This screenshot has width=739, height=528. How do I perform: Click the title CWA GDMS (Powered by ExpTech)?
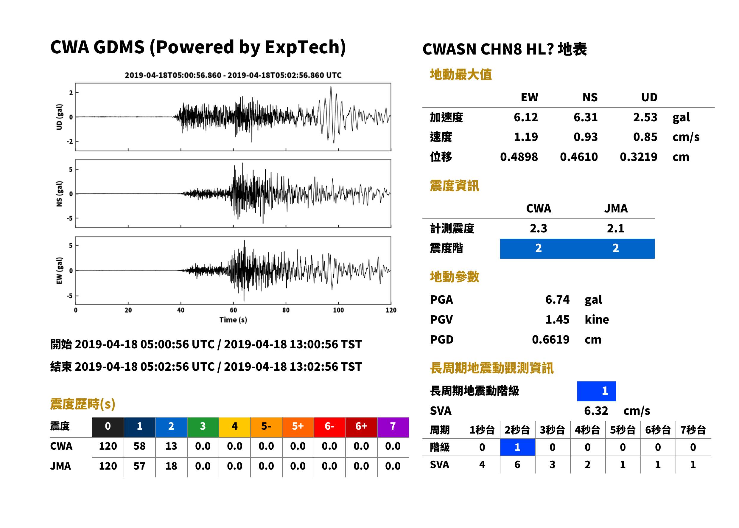(x=198, y=47)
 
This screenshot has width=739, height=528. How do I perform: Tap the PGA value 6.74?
(x=557, y=299)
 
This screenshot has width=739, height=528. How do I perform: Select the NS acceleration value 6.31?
(x=586, y=117)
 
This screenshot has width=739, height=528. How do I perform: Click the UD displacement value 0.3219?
(x=639, y=157)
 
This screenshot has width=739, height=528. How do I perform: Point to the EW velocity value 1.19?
(x=526, y=137)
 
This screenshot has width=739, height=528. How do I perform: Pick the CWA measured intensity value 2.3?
(x=539, y=228)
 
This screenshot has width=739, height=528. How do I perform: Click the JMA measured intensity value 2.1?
(x=615, y=228)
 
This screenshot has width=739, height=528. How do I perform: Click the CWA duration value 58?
(x=139, y=446)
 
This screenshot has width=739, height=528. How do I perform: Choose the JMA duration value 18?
(x=171, y=466)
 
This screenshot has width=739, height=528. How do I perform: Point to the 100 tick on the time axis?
(x=338, y=310)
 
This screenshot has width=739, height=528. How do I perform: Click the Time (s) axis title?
(x=233, y=320)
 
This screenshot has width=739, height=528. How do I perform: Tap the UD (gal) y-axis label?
(x=59, y=117)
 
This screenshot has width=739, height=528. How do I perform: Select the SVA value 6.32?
(x=596, y=411)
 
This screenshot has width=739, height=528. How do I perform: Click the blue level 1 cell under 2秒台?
(x=517, y=447)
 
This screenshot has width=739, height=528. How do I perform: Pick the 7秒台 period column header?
(x=693, y=430)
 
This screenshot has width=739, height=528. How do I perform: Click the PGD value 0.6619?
(x=550, y=339)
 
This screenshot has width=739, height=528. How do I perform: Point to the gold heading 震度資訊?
(x=454, y=186)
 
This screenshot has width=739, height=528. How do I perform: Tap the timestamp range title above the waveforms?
(x=233, y=75)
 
